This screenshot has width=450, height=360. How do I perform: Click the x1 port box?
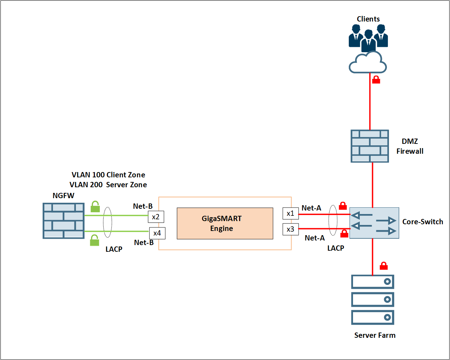coord(290,213)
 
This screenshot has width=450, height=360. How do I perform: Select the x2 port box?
coord(156,217)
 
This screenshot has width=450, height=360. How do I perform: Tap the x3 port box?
coord(290,229)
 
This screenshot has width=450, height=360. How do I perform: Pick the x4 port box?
coord(157,233)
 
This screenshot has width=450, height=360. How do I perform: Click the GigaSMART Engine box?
coord(225,223)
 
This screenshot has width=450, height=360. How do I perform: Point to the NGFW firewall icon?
coord(63,221)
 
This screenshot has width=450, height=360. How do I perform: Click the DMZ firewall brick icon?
coord(370,146)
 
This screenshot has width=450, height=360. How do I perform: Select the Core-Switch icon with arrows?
coord(374,223)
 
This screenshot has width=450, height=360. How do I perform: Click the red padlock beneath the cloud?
coord(376,80)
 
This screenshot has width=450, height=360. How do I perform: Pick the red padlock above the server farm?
coord(384,266)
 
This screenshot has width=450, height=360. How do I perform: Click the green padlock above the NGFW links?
coord(95,206)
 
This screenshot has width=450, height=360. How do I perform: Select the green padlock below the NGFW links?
coord(95,240)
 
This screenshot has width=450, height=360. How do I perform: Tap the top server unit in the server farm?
coord(373,282)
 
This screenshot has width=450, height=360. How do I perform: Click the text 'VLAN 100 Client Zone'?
coord(108,175)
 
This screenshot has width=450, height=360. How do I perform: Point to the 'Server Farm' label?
coord(375,335)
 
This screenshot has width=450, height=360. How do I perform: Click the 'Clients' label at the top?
coord(368,19)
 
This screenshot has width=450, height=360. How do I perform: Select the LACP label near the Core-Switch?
coord(335,248)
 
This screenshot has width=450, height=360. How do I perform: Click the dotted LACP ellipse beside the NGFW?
coord(108,222)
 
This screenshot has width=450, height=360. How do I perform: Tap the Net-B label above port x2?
coord(142,206)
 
